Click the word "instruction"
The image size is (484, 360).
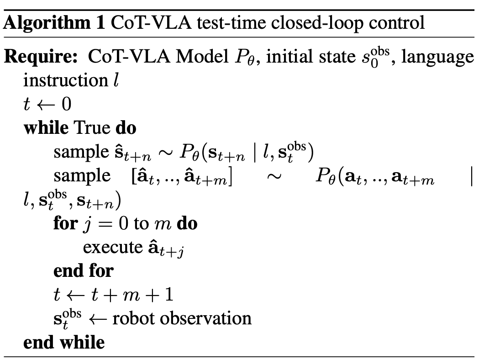click(x=63, y=80)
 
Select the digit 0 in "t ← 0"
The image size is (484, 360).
click(x=66, y=105)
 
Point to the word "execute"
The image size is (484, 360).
click(x=112, y=247)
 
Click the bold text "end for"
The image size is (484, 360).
click(x=83, y=271)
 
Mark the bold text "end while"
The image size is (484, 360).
click(x=64, y=342)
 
